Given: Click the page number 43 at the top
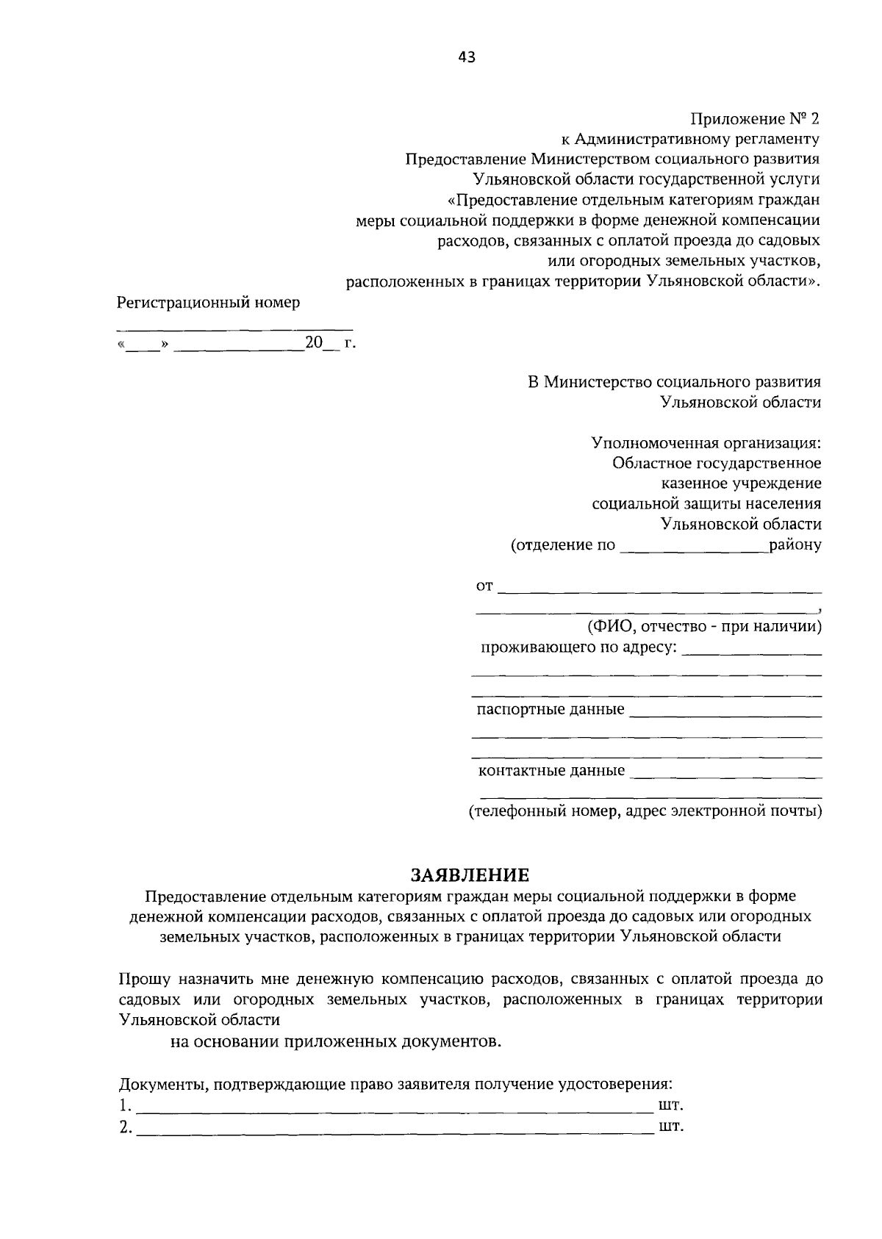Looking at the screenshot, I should pyautogui.click(x=467, y=57).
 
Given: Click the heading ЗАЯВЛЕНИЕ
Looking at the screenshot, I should pyautogui.click(x=470, y=875).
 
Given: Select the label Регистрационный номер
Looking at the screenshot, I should pyautogui.click(x=209, y=302).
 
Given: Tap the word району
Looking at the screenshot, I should pyautogui.click(x=795, y=545).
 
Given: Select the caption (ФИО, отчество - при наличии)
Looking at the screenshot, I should pyautogui.click(x=703, y=627).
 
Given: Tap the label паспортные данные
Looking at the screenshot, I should pyautogui.click(x=551, y=709).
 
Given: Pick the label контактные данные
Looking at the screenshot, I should pyautogui.click(x=551, y=770).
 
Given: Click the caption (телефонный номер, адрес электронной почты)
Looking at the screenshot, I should pyautogui.click(x=645, y=811).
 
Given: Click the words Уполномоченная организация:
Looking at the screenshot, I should pyautogui.click(x=706, y=443).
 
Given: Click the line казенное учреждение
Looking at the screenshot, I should pyautogui.click(x=741, y=484).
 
